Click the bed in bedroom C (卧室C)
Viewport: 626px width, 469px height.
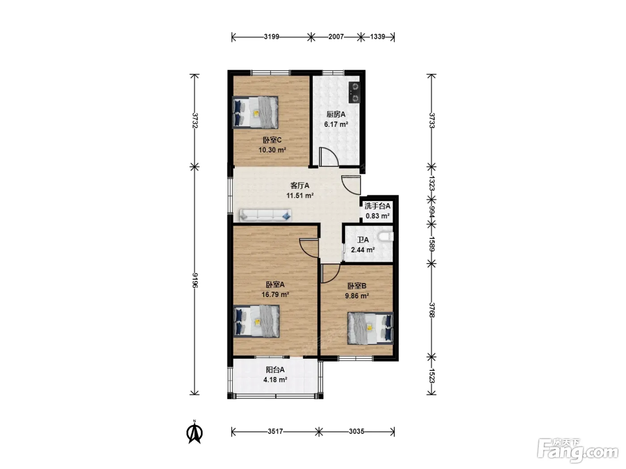point(255,112)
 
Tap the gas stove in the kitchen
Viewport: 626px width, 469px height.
point(354,92)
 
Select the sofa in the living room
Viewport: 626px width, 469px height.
point(266,216)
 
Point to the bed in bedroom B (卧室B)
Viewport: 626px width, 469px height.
point(371,328)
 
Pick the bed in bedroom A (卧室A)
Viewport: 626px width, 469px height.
point(256,321)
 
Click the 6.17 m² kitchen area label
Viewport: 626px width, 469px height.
point(336,125)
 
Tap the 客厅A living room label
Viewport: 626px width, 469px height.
point(300,186)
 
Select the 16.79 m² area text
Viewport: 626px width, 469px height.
point(275,294)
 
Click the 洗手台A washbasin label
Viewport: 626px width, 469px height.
point(377,206)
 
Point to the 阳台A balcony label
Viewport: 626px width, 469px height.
point(275,370)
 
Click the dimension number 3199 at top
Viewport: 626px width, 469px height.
point(271,37)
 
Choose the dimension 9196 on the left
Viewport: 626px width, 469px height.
point(195,281)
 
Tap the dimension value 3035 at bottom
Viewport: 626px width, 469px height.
point(356,431)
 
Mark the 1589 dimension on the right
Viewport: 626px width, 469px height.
point(432,244)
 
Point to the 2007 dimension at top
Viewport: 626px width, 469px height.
point(336,37)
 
